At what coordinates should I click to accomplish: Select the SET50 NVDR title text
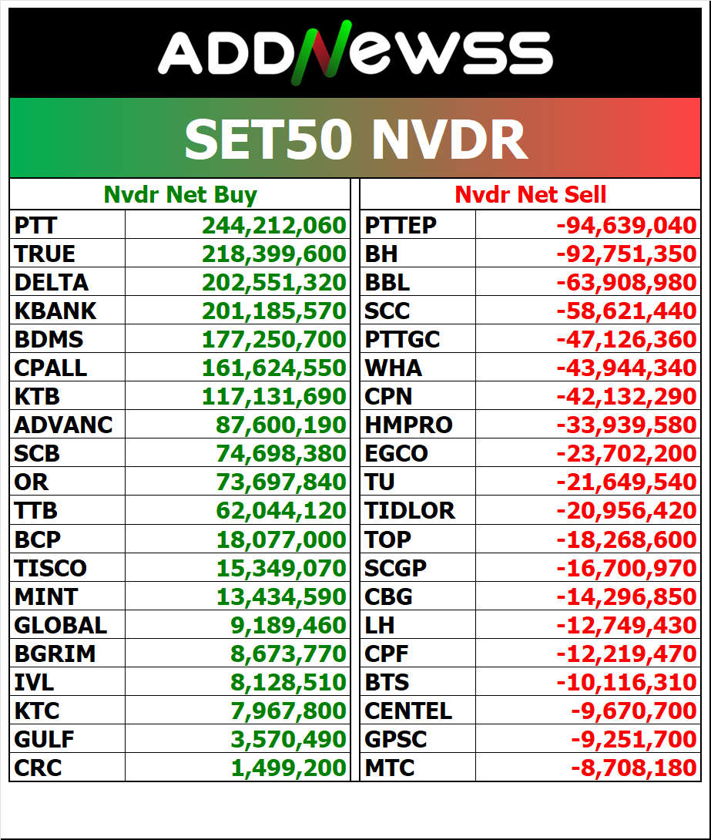point(355,139)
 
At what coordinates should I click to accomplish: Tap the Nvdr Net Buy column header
point(180,195)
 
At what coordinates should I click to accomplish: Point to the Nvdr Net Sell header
point(530,195)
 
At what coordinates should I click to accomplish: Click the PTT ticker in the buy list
point(36,225)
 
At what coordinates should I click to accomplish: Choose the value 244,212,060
point(274,225)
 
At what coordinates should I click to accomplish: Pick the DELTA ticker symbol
point(52,282)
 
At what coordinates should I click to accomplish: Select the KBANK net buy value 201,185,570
point(274,311)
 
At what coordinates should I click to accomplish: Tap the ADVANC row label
point(63,425)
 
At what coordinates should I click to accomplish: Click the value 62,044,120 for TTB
point(274,510)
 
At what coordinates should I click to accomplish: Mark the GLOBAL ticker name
point(61,625)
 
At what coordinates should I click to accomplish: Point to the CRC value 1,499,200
point(289,768)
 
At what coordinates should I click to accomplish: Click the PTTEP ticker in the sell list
point(401,225)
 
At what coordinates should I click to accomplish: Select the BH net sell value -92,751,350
point(626,254)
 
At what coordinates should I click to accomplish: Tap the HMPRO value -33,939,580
point(626,425)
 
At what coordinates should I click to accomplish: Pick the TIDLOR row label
point(410,510)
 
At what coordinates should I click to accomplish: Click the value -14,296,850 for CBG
point(626,596)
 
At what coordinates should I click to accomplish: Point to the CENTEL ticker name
point(408,711)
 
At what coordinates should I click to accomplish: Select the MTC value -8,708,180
point(633,768)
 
